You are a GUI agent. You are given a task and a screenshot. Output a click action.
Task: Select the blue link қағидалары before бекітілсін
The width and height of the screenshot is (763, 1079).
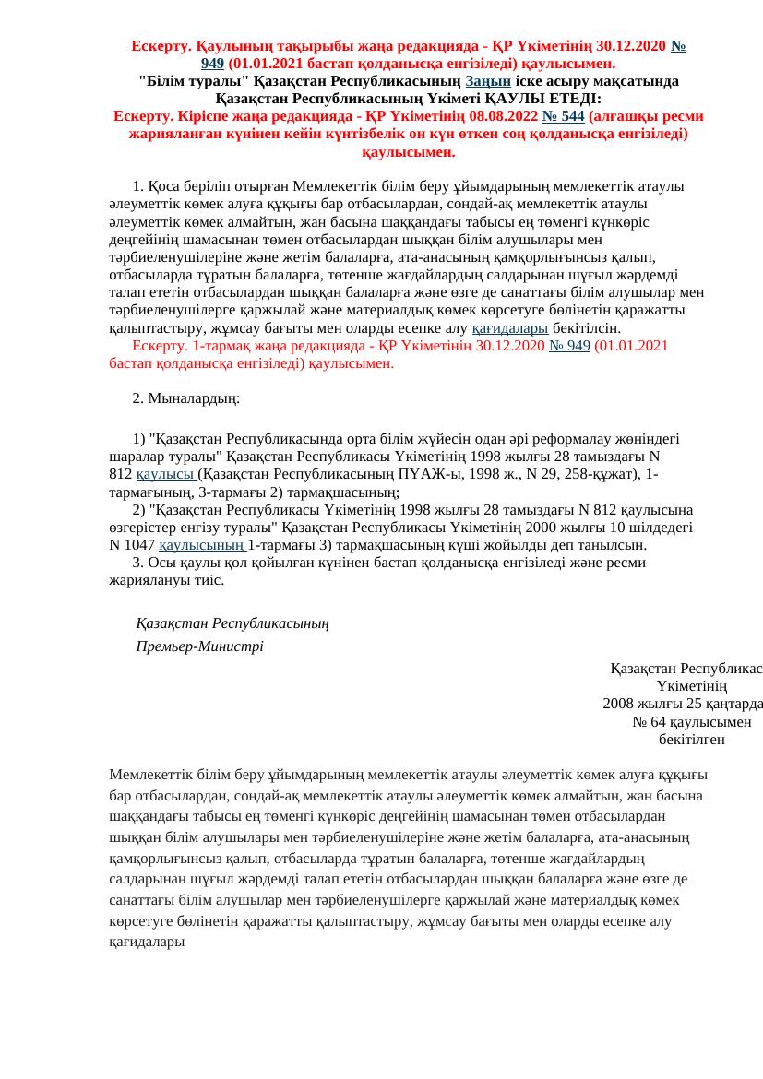[510, 328]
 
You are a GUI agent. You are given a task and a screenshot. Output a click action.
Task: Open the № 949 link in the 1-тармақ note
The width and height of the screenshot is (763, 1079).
[569, 346]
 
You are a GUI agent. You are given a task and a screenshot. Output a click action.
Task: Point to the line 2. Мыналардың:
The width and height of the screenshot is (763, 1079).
[186, 398]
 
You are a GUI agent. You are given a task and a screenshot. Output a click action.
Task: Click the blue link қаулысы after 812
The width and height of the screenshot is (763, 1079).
[166, 474]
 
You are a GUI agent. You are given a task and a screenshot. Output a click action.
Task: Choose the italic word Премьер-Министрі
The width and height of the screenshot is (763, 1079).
[199, 646]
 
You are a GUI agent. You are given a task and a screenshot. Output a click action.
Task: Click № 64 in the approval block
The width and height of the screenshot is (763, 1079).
[649, 721]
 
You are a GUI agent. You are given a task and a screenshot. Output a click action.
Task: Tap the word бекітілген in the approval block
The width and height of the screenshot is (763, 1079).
[692, 740]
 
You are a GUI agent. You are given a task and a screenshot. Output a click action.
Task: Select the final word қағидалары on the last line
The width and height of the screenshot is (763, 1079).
[147, 942]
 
